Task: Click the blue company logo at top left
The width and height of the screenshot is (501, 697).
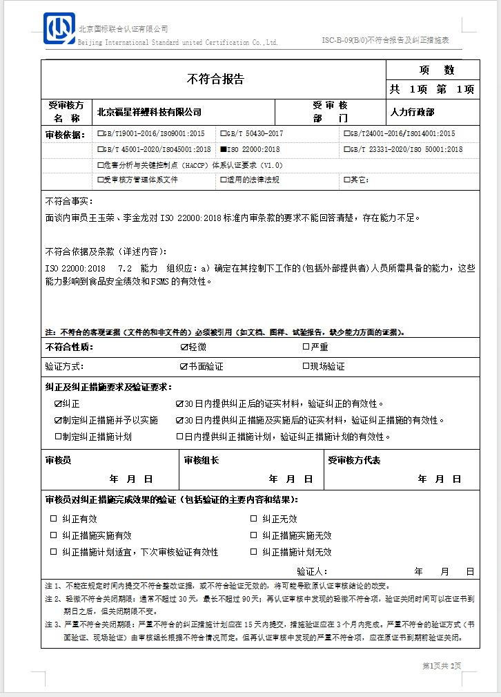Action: tap(59, 29)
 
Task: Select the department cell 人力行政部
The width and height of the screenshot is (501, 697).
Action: tap(413, 112)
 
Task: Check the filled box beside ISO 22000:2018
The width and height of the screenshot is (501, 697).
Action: tap(223, 149)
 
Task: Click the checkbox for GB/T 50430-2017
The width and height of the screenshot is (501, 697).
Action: tap(223, 133)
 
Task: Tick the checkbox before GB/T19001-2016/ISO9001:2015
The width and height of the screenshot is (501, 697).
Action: tap(101, 133)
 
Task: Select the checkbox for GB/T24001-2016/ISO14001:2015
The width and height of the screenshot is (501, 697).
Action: tap(346, 133)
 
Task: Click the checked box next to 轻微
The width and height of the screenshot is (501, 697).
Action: tap(184, 347)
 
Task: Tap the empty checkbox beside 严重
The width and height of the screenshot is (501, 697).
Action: tap(306, 347)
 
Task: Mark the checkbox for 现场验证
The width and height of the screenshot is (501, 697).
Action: tap(306, 366)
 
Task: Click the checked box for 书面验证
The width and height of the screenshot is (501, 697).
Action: tap(184, 366)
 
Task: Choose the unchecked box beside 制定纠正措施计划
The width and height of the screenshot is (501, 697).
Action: tap(58, 437)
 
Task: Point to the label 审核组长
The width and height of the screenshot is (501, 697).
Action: tap(202, 460)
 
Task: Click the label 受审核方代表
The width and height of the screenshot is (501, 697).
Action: tap(354, 460)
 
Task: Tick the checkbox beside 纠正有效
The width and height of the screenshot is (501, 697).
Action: tap(53, 519)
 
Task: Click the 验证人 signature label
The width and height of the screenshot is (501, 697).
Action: tap(312, 571)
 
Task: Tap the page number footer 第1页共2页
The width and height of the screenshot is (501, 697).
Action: tap(441, 666)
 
